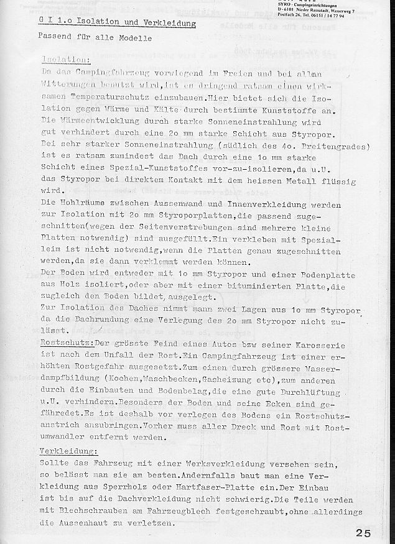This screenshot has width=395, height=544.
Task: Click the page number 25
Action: pyautogui.click(x=365, y=533)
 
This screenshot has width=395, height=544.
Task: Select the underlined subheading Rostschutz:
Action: pyautogui.click(x=66, y=344)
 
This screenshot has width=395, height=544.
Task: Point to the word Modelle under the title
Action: pyautogui.click(x=132, y=39)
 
